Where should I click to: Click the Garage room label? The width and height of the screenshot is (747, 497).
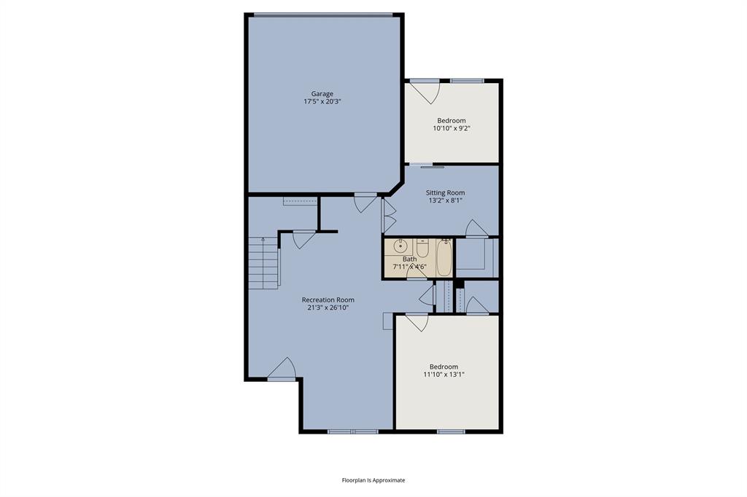[322, 93]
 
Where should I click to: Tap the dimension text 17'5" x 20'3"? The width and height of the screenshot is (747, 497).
[322, 102]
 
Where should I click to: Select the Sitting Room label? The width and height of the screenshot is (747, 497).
[445, 193]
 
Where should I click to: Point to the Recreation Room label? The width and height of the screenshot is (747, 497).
[328, 300]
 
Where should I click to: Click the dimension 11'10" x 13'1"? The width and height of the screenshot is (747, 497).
[444, 375]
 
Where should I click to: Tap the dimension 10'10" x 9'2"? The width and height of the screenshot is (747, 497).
[451, 129]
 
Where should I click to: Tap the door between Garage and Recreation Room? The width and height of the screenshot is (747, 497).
[365, 202]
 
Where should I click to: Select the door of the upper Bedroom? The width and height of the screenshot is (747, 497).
[423, 91]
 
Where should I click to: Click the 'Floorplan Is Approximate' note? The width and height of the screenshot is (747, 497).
[373, 480]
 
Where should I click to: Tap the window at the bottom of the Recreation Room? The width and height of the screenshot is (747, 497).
[352, 431]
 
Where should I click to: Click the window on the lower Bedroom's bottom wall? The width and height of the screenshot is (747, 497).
[451, 431]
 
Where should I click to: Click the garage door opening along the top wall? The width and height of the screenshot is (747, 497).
[325, 15]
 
